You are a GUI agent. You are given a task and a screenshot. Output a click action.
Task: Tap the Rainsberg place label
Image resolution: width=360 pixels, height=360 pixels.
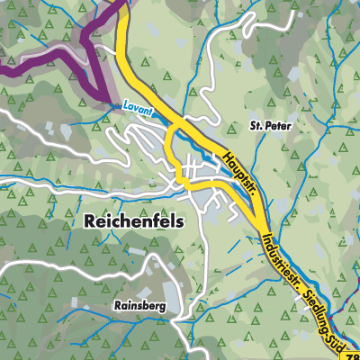[x=139, y=306]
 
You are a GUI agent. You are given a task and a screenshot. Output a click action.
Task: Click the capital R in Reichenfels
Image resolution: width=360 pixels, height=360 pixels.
[x=90, y=219]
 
